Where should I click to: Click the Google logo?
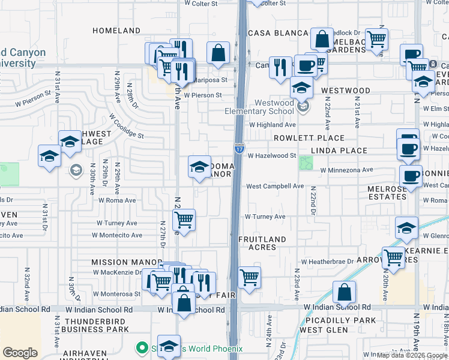pos(20,353)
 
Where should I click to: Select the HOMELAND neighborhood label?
pos(116,31)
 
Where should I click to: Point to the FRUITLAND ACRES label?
pos(262,244)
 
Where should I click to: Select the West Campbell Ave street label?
pos(274,186)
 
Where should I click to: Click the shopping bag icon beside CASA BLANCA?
pos(322,39)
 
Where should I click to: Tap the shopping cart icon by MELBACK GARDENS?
pos(376,40)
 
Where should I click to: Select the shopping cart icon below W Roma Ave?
pos(184,220)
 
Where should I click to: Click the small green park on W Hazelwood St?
pos(306,163)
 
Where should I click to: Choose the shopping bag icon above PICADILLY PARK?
pos(345,292)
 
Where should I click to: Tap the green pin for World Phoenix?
pos(142,348)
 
